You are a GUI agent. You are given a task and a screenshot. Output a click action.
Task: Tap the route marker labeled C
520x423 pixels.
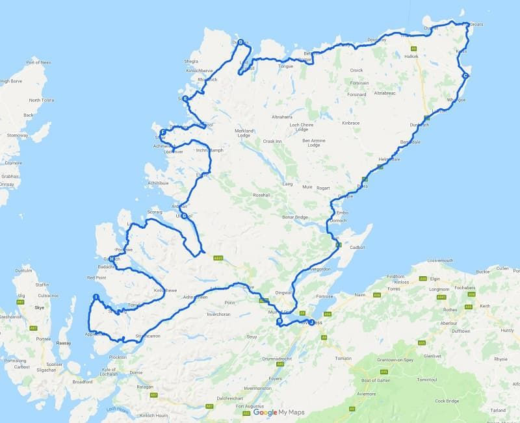pyautogui.click(x=465, y=76)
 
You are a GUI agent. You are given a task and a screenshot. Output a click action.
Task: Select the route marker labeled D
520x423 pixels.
pyautogui.click(x=240, y=43)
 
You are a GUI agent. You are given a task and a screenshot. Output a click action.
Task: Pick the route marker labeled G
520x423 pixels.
pyautogui.click(x=184, y=216)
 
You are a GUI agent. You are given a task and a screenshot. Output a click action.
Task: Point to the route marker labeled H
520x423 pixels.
pyautogui.click(x=112, y=259)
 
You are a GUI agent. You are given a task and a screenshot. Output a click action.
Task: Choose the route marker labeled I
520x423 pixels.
pyautogui.click(x=96, y=298)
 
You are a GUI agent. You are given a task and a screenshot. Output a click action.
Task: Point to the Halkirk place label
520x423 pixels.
pyautogui.click(x=411, y=56)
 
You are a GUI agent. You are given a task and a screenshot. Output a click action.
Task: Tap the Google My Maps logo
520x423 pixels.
pyautogui.click(x=278, y=412)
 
